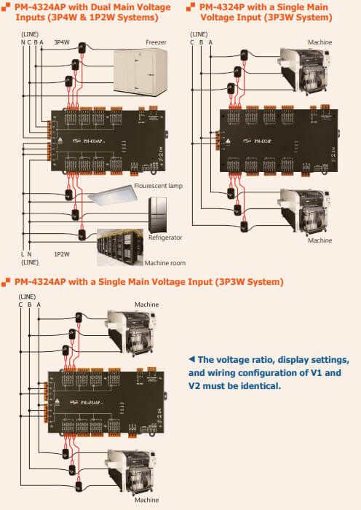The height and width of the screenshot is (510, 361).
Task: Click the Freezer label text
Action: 156,42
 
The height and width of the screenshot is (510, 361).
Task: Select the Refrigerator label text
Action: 164,238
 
